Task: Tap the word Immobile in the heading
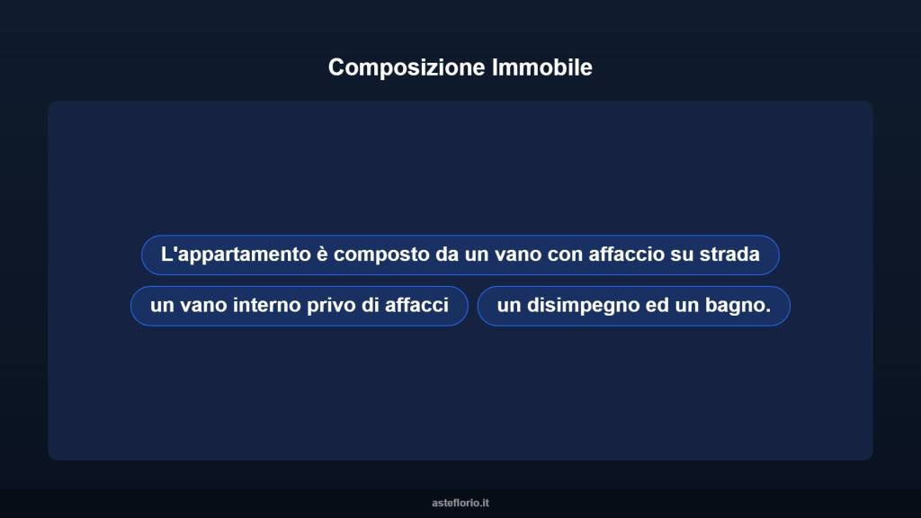click(x=542, y=67)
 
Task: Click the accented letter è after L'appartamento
click(x=322, y=255)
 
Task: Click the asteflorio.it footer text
click(x=460, y=503)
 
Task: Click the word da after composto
click(x=447, y=255)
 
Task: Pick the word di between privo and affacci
click(x=370, y=306)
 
